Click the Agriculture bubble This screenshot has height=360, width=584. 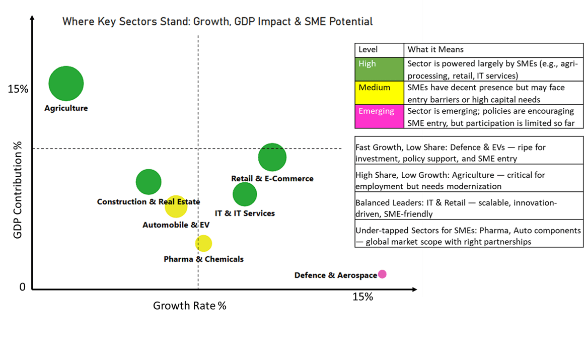coord(66,84)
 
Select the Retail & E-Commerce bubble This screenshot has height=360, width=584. coord(272,157)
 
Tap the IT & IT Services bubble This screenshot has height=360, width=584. coord(245,194)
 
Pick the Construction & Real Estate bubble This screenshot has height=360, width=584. coord(149,182)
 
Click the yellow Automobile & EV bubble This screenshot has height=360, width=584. coord(176,206)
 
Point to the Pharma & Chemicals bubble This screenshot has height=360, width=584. coord(203,243)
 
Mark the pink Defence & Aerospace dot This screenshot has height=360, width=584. coord(382,274)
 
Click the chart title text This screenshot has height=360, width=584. coord(217,22)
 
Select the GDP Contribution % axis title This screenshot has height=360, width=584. coord(18,189)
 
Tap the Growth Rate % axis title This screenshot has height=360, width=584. coord(190,306)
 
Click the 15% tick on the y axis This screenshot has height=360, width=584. coord(18,89)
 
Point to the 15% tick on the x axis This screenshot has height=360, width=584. coord(362,297)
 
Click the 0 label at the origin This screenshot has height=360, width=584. coord(22,287)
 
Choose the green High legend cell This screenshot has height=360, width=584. coord(379,69)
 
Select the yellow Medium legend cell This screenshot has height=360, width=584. coord(379,93)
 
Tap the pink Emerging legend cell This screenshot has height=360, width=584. coord(379,117)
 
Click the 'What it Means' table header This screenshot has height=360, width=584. coord(435,50)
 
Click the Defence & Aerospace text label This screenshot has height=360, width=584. coord(335,275)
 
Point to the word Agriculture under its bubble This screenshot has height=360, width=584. coord(66,108)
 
